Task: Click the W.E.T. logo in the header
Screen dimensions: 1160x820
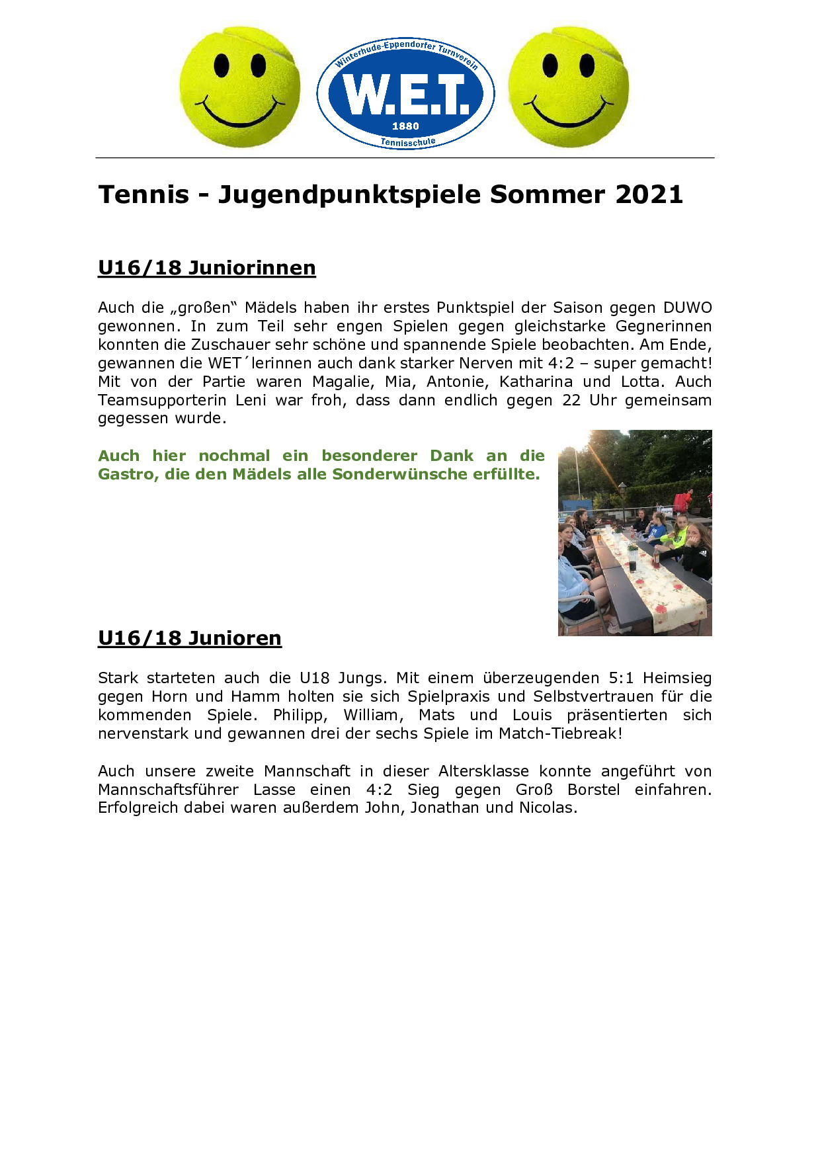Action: click(x=405, y=93)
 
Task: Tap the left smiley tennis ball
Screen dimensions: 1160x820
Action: click(x=239, y=87)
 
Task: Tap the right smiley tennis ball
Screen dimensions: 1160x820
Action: click(x=568, y=87)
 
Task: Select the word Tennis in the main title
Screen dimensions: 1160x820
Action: click(x=143, y=194)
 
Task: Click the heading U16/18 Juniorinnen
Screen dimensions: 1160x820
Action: click(x=206, y=268)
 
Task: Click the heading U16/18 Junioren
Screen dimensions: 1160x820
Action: click(x=189, y=638)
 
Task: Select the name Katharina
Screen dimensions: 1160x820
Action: click(x=536, y=382)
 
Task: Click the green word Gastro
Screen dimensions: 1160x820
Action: click(x=128, y=474)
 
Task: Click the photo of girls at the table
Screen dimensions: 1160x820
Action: click(x=634, y=533)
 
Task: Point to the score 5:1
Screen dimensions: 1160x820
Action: click(x=621, y=678)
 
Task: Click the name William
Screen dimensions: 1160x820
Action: click(x=373, y=715)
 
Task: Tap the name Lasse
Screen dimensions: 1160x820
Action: click(x=274, y=790)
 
